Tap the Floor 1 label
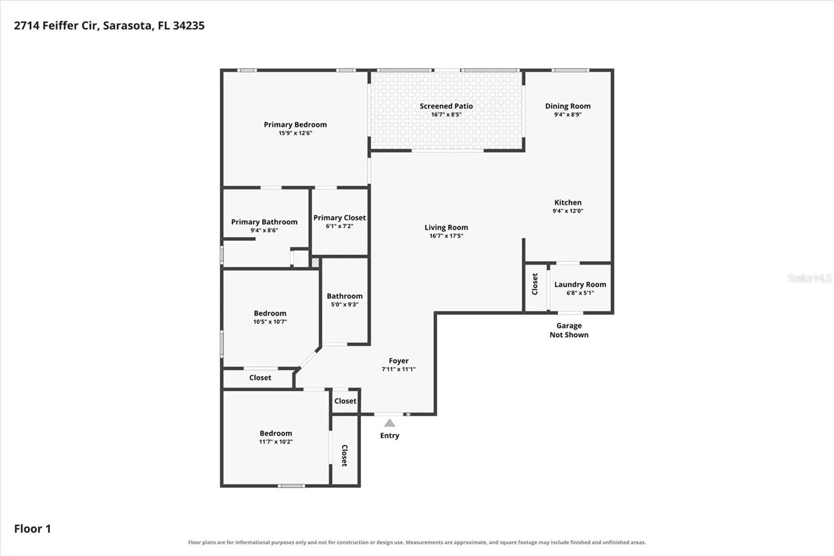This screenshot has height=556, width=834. (x=32, y=529)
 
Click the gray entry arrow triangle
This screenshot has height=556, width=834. (x=389, y=423)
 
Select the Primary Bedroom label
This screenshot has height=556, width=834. (x=295, y=125)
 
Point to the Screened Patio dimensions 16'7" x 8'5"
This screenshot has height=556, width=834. (x=446, y=114)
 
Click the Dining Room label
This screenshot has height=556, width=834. (x=568, y=106)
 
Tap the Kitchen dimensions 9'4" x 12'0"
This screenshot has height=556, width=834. (x=568, y=211)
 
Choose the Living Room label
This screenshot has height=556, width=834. (x=446, y=227)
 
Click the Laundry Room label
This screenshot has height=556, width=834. (x=580, y=284)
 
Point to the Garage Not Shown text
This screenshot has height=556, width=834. (x=569, y=330)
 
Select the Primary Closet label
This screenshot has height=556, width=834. (x=339, y=217)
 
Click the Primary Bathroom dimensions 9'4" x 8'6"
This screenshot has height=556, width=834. (x=264, y=231)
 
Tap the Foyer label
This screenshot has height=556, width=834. (x=398, y=361)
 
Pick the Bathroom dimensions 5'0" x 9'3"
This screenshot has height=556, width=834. (x=345, y=305)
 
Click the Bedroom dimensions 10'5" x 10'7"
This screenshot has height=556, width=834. (x=270, y=322)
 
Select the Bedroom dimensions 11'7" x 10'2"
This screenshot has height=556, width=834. (x=276, y=442)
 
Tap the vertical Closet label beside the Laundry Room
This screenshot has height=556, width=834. (x=535, y=284)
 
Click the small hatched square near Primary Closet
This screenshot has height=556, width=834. (x=315, y=262)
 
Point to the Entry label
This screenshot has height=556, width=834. (x=389, y=436)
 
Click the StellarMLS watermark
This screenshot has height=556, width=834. (x=810, y=277)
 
